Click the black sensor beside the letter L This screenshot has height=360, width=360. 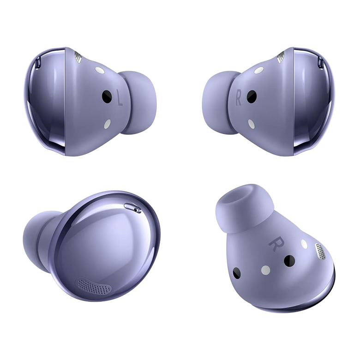107,96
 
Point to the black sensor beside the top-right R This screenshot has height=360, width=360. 252,96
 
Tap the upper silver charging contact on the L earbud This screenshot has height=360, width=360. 100,70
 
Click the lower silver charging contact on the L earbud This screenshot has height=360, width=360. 108,124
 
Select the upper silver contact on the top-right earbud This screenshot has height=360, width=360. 259,70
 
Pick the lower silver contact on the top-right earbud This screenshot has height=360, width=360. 251,124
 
